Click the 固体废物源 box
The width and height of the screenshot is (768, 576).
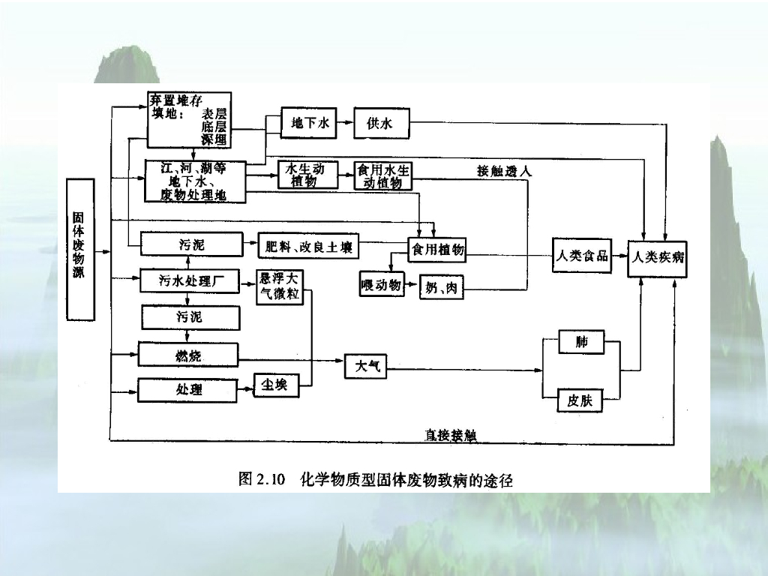coord(80,249)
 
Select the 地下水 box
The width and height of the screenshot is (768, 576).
coord(308,123)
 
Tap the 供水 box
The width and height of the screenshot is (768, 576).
coord(382,123)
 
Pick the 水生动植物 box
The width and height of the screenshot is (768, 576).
coord(304,175)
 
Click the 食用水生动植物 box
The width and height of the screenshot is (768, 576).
coord(383,175)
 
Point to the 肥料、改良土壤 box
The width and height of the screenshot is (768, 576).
coord(308,246)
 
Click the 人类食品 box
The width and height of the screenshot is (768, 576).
coord(580,256)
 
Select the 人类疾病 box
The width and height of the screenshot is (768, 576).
coord(657,257)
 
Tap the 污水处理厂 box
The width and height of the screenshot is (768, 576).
coord(190,281)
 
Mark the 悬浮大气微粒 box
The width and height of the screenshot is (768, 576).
coord(279,286)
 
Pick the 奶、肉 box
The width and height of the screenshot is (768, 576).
coord(441,287)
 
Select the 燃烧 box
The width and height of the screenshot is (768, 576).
coord(188,355)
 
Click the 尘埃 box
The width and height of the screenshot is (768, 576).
coord(275,384)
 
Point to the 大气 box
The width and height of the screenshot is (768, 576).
coord(366,366)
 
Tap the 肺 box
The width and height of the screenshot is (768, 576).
coord(581,342)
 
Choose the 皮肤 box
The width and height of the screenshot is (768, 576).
coord(580,400)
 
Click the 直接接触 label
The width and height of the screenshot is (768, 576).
coord(451,435)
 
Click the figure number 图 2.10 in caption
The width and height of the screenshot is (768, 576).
coord(262,479)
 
